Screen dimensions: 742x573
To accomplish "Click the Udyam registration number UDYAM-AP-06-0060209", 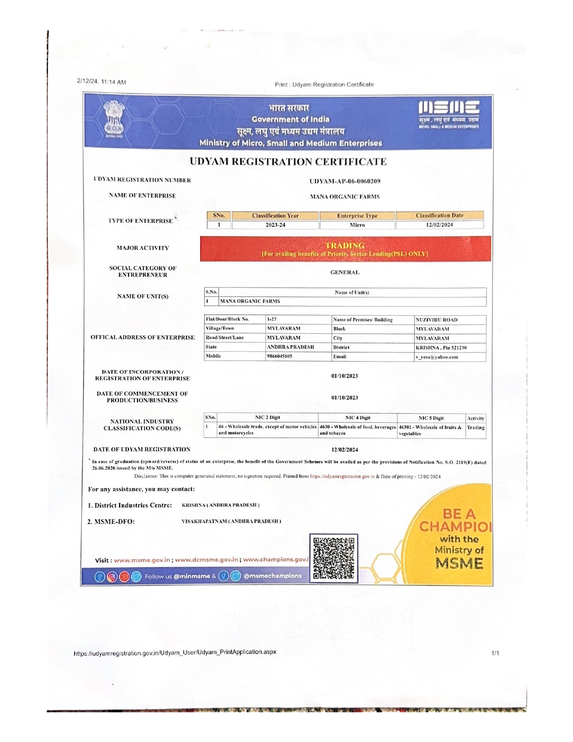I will coord(345,181).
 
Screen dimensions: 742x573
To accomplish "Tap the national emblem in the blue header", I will coord(114,119).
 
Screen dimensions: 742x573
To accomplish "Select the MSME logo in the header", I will coord(449,115).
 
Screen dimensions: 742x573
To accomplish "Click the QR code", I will coord(333,558).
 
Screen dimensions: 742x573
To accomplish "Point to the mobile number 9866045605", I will coord(280,356).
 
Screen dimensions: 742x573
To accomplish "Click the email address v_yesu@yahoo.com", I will coord(437,357).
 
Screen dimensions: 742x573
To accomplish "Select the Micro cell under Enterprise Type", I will coord(357,225).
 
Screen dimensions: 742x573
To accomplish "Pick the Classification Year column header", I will coord(275,216).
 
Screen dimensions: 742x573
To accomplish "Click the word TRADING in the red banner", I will coord(345,246).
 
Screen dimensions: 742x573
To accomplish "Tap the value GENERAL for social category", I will coord(345,273).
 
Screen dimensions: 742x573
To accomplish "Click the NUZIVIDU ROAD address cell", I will coord(436,320).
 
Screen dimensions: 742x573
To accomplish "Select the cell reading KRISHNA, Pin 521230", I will coord(441,348).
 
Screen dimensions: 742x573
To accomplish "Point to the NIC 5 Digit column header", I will coord(431,418).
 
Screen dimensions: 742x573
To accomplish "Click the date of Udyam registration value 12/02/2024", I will coord(345,450).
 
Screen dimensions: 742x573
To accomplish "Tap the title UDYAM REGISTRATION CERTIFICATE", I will coord(288,162).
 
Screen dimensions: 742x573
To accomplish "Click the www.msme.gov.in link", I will coord(142,560).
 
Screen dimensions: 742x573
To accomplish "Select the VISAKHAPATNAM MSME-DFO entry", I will coord(231,521).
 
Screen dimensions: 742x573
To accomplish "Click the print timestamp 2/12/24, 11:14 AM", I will coord(102,82).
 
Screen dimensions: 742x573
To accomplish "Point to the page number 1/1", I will coord(495,653).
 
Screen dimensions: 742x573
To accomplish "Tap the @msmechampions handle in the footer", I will coord(272,576).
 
